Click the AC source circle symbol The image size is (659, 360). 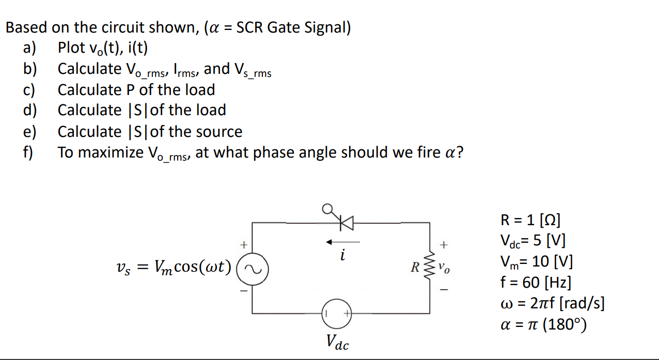[x=253, y=269]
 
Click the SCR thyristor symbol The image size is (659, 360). [x=343, y=223]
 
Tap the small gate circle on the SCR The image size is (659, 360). [x=327, y=208]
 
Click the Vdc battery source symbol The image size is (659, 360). [x=337, y=313]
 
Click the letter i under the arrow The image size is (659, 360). [x=342, y=255]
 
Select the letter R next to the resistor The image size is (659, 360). [x=414, y=269]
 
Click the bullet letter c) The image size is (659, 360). [x=29, y=90]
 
